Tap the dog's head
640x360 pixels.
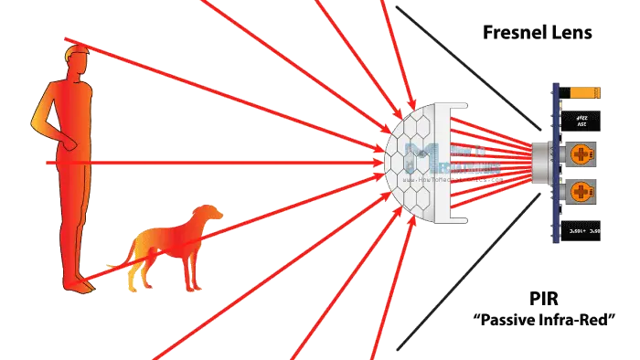point(209,215)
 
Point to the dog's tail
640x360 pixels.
point(131,254)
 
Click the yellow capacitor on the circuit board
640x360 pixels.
point(583,92)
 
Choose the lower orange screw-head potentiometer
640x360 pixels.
point(582,191)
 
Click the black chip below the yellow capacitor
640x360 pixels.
point(582,122)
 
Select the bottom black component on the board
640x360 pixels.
point(582,232)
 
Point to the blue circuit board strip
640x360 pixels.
point(554,164)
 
